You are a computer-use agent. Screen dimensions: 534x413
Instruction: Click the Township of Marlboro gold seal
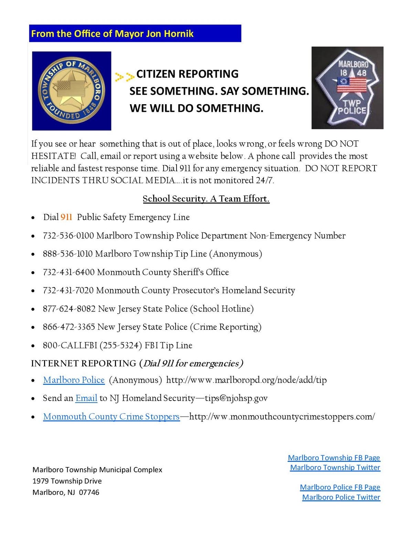[72, 91]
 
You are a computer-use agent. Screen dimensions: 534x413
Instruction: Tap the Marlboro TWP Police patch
[348, 88]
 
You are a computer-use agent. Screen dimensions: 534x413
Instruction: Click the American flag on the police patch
[352, 85]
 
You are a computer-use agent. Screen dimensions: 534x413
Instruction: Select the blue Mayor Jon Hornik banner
[135, 33]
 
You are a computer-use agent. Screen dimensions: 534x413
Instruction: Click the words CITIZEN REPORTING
[187, 74]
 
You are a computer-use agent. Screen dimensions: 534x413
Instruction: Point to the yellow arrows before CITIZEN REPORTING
[124, 76]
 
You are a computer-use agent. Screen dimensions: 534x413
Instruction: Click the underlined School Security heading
[206, 199]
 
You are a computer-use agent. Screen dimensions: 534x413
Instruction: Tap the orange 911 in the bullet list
[66, 217]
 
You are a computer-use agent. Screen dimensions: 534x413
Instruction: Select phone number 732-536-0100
[68, 236]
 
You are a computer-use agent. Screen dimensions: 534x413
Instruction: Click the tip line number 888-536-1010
[67, 254]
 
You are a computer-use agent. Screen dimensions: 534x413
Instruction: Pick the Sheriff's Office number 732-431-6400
[68, 272]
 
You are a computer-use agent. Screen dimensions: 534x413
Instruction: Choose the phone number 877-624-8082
[69, 309]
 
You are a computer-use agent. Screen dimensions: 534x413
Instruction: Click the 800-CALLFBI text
[70, 345]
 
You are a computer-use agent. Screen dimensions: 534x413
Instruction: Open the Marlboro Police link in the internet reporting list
[74, 380]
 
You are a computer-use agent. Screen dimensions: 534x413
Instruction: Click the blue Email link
[86, 398]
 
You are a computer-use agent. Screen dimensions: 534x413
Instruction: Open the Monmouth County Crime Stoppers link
[111, 416]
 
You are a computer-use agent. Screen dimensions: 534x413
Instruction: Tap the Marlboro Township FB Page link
[334, 458]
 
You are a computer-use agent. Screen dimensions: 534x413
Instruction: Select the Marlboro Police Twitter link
[341, 497]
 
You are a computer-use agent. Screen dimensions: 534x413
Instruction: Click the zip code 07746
[89, 492]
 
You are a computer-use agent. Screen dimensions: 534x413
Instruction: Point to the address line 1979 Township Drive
[67, 481]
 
